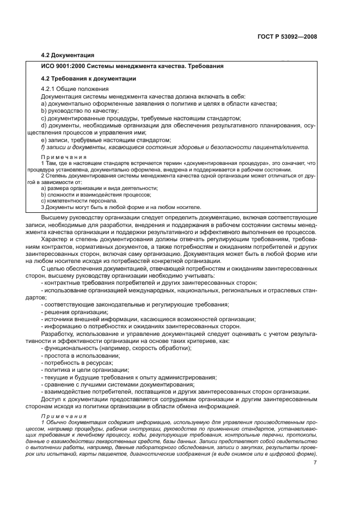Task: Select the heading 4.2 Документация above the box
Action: tap(68, 55)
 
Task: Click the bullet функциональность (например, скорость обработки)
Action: tap(117, 348)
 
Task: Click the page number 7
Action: tap(315, 463)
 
